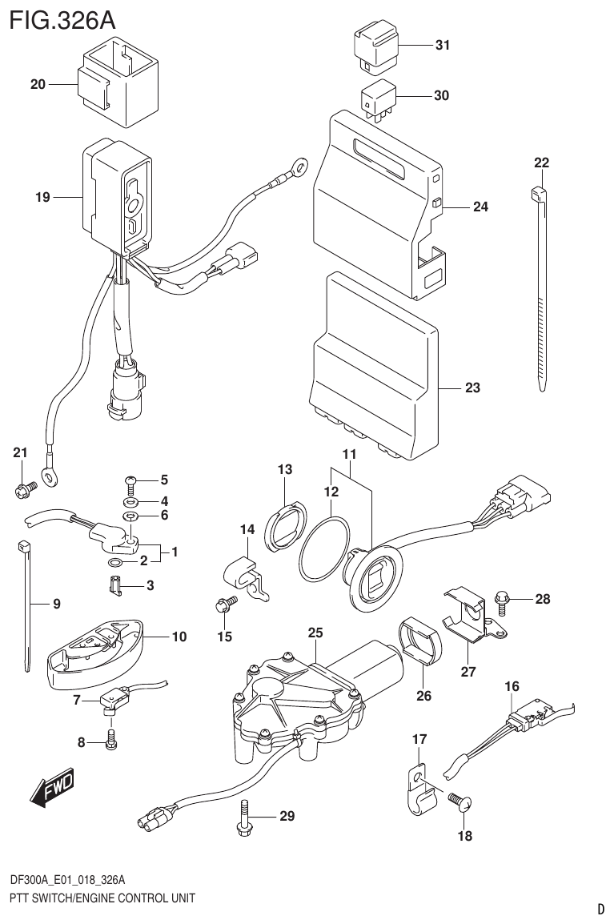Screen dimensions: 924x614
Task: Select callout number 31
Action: [x=441, y=46]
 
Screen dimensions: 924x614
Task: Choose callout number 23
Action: [x=472, y=389]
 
